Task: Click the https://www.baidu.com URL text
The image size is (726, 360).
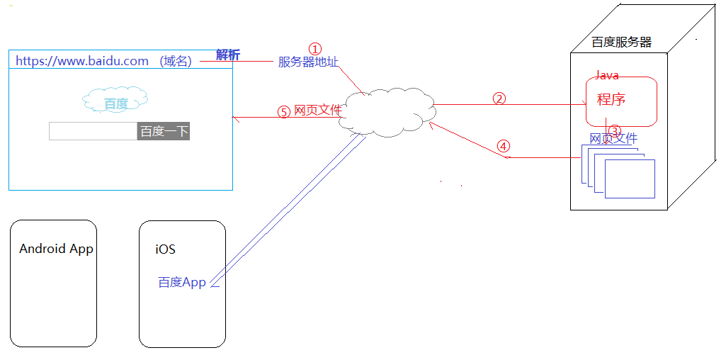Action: pyautogui.click(x=82, y=61)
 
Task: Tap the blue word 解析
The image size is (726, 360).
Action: pyautogui.click(x=228, y=55)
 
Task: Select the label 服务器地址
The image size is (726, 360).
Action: pyautogui.click(x=308, y=62)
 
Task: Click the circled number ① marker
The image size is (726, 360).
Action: pyautogui.click(x=315, y=48)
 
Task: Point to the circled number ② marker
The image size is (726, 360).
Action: pyautogui.click(x=499, y=99)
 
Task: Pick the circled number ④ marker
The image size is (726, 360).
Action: pyautogui.click(x=503, y=146)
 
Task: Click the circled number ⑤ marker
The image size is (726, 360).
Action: pyautogui.click(x=283, y=112)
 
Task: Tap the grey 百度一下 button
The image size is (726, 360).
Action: pyautogui.click(x=164, y=131)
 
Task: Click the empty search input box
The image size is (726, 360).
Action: pyautogui.click(x=93, y=131)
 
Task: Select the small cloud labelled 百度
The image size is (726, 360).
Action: pyautogui.click(x=115, y=102)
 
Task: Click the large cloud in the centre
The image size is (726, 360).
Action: pyautogui.click(x=386, y=111)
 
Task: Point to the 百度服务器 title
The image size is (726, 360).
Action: pyautogui.click(x=621, y=43)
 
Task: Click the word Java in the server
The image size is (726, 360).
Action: pyautogui.click(x=607, y=75)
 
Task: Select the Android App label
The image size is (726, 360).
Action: pyautogui.click(x=56, y=249)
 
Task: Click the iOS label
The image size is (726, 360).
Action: pyautogui.click(x=165, y=249)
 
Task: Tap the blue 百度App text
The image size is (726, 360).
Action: pyautogui.click(x=181, y=282)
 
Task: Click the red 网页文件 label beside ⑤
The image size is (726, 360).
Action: pyautogui.click(x=317, y=110)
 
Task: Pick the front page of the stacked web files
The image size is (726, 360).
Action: pyautogui.click(x=630, y=179)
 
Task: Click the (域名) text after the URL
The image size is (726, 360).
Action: pyautogui.click(x=176, y=61)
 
